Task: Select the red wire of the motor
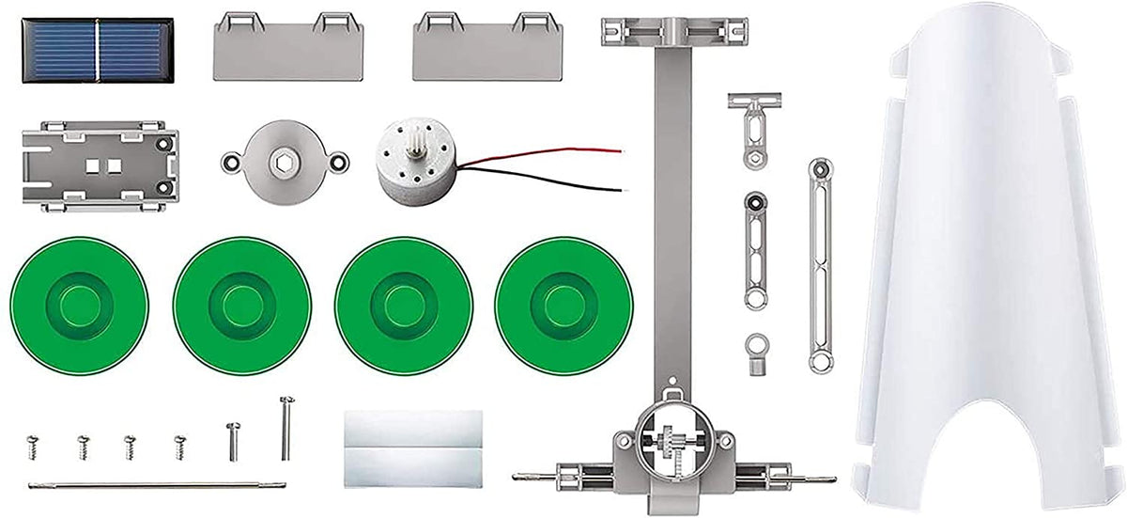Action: point(545,154)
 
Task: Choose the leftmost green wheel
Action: point(79,305)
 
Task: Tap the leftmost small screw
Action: point(33,446)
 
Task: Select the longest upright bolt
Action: point(286,427)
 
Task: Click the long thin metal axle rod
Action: point(155,485)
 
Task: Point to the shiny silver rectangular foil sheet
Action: point(413,447)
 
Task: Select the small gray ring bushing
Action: point(755,353)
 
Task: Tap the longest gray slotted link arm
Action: point(821,265)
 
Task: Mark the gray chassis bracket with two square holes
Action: point(99,165)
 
